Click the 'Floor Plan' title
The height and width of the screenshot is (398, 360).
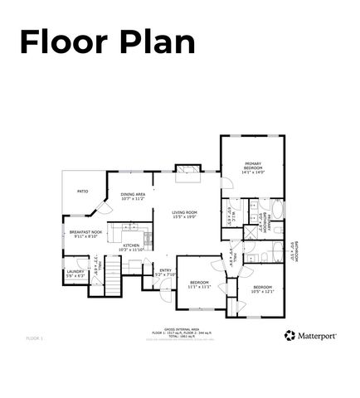pos(107,41)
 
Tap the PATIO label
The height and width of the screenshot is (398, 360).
pos(83,192)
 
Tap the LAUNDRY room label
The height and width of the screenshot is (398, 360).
pos(75,273)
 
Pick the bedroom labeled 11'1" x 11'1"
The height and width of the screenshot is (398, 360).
pos(201,284)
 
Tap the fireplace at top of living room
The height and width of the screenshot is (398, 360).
pos(189,172)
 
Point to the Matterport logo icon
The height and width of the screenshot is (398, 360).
pos(289,335)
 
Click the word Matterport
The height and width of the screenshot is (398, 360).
pos(317,336)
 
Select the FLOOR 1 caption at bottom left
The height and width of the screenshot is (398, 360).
pos(34,338)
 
